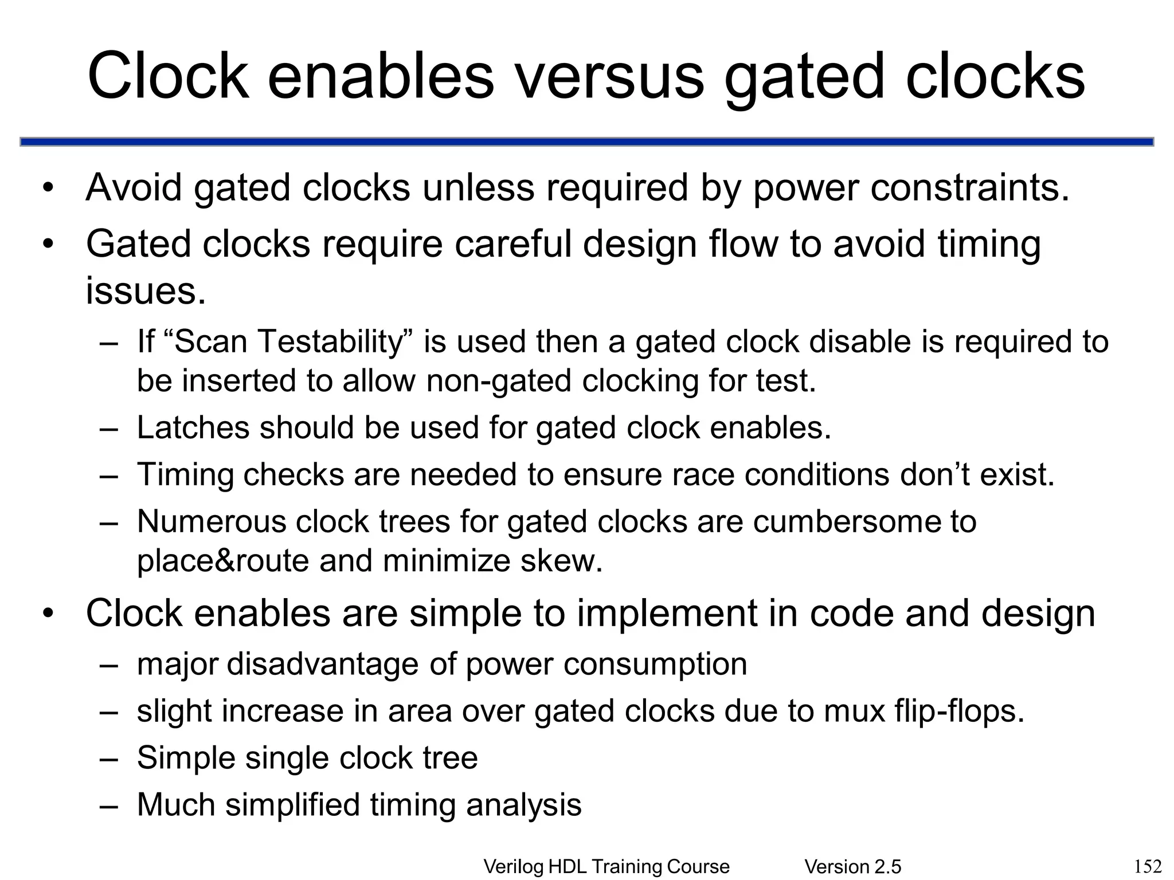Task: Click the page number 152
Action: point(1148,866)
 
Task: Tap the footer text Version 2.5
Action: point(852,867)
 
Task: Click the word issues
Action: point(145,290)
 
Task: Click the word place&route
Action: point(223,560)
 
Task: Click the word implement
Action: point(667,613)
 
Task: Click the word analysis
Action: point(524,804)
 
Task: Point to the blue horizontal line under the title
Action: point(587,142)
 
